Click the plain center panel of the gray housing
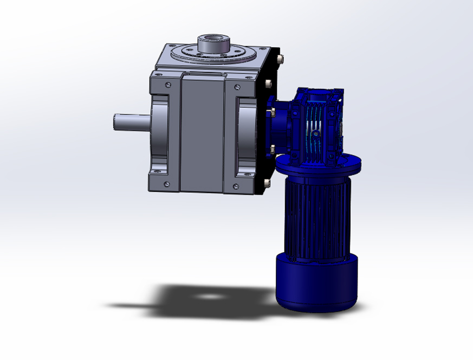tap(202, 133)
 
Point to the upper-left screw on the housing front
tap(167, 84)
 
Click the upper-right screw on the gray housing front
tap(237, 87)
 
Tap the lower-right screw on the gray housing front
tap(236, 187)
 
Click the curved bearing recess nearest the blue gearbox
tap(247, 136)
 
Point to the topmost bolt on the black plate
tap(279, 59)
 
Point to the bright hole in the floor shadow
tap(208, 297)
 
